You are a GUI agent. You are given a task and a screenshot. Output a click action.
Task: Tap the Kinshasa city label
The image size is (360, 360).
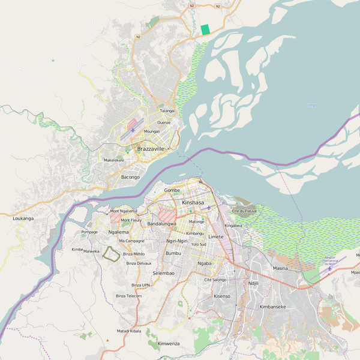coord(193,203)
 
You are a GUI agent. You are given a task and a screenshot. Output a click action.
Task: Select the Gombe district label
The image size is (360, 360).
coord(172,190)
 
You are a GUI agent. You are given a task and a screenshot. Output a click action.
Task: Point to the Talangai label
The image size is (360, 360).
coord(167,111)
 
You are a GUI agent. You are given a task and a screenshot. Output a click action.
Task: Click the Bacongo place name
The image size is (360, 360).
coord(130,177)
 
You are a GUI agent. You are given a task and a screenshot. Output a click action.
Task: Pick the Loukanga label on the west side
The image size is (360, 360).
coord(23,218)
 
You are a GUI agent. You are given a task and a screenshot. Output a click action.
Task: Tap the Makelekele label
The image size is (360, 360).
coord(114,160)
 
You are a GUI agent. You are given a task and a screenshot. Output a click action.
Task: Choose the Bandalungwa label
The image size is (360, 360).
coord(161,224)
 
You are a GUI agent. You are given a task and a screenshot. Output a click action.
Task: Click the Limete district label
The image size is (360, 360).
coord(215,236)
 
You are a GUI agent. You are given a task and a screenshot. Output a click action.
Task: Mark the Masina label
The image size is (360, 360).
coord(280,268)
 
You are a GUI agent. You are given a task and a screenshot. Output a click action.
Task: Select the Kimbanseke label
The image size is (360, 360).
coord(272,307)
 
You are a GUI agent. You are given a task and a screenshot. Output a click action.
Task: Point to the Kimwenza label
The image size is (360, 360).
coord(169,343)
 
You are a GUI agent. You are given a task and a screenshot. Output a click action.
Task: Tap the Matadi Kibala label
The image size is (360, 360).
coord(129,331)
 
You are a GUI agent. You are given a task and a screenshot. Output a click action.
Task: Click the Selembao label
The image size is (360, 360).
coord(163,273)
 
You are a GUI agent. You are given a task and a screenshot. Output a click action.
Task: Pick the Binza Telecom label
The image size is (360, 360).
coord(129,296)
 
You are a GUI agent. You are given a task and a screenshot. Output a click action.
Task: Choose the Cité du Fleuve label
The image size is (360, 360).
coord(244,212)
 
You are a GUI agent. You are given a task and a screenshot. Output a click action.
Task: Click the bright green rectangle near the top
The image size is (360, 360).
coord(205,29)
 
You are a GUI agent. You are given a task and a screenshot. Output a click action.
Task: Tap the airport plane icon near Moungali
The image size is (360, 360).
coord(132,130)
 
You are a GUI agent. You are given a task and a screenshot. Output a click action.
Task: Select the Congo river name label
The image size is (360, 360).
coord(310,105)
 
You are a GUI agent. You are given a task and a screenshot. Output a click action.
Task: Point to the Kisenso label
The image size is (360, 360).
coord(222,296)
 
